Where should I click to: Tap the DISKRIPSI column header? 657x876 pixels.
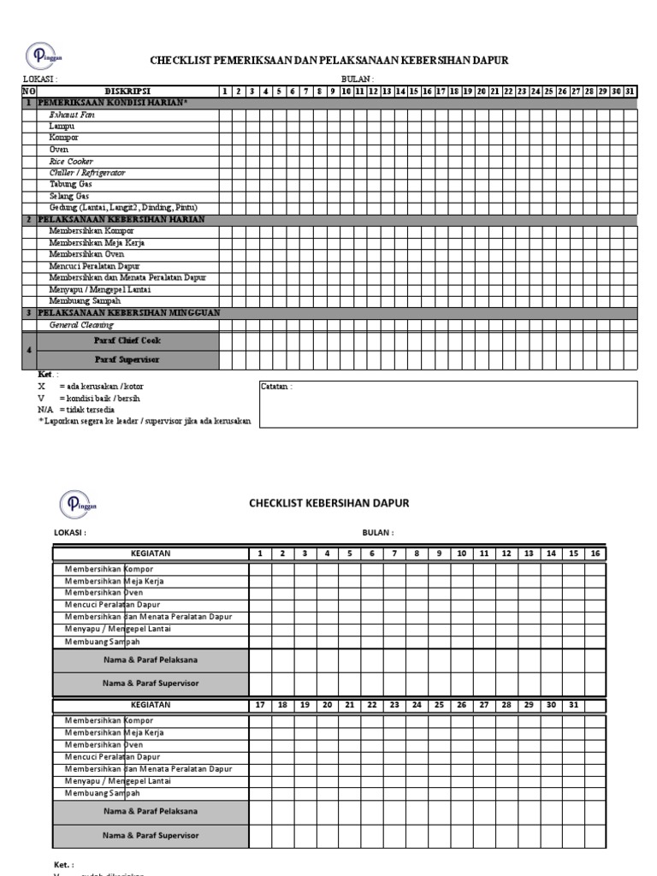pos(127,91)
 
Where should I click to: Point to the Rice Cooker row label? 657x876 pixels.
pos(71,161)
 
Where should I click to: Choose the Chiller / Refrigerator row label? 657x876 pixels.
pos(87,173)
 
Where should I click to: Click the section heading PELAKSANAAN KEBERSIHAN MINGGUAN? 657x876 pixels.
pos(128,313)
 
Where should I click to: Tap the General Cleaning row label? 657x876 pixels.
pos(81,325)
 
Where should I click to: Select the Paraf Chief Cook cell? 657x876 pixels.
pos(127,340)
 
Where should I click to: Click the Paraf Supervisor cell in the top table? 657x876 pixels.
pos(127,359)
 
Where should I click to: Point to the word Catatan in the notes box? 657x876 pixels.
pos(276,387)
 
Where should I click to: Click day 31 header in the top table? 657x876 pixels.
pos(630,91)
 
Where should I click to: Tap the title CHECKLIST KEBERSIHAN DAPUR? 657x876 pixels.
pos(328,503)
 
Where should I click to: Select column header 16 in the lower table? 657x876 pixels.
pos(595,553)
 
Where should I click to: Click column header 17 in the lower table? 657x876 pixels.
pos(261,705)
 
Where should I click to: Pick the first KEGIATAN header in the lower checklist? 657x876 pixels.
pos(151,553)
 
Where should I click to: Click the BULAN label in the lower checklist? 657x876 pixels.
pos(377,532)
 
